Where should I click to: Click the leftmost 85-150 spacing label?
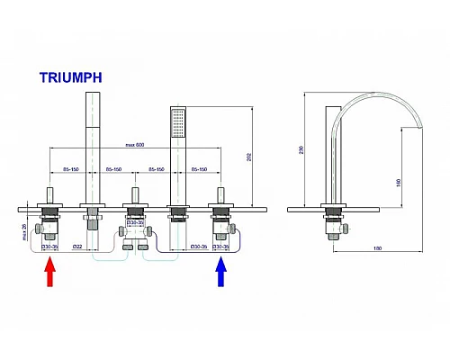point(68,168)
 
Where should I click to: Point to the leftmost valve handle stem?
point(48,196)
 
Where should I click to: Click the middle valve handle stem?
point(134,196)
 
